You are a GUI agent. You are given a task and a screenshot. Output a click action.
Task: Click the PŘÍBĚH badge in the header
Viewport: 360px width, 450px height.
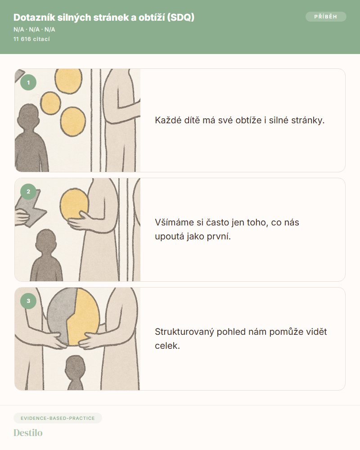[326, 17]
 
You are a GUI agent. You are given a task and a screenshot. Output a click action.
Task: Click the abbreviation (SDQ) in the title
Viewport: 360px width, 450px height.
[180, 18]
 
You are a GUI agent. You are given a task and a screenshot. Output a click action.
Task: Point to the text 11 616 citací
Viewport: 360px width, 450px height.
[31, 39]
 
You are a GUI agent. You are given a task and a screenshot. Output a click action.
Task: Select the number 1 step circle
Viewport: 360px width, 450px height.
[28, 82]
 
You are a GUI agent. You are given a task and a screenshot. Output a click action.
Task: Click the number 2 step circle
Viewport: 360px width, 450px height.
[28, 191]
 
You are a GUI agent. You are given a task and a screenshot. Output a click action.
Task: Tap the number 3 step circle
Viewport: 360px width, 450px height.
[28, 301]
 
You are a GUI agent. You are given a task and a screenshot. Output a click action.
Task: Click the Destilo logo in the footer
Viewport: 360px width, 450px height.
[28, 432]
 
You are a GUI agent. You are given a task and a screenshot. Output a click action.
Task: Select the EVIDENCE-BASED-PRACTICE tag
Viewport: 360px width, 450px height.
[58, 418]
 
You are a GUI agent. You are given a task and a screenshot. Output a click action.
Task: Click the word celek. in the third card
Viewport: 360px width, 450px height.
[167, 346]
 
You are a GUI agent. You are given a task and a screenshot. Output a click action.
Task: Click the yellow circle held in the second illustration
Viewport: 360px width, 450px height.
[74, 203]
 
